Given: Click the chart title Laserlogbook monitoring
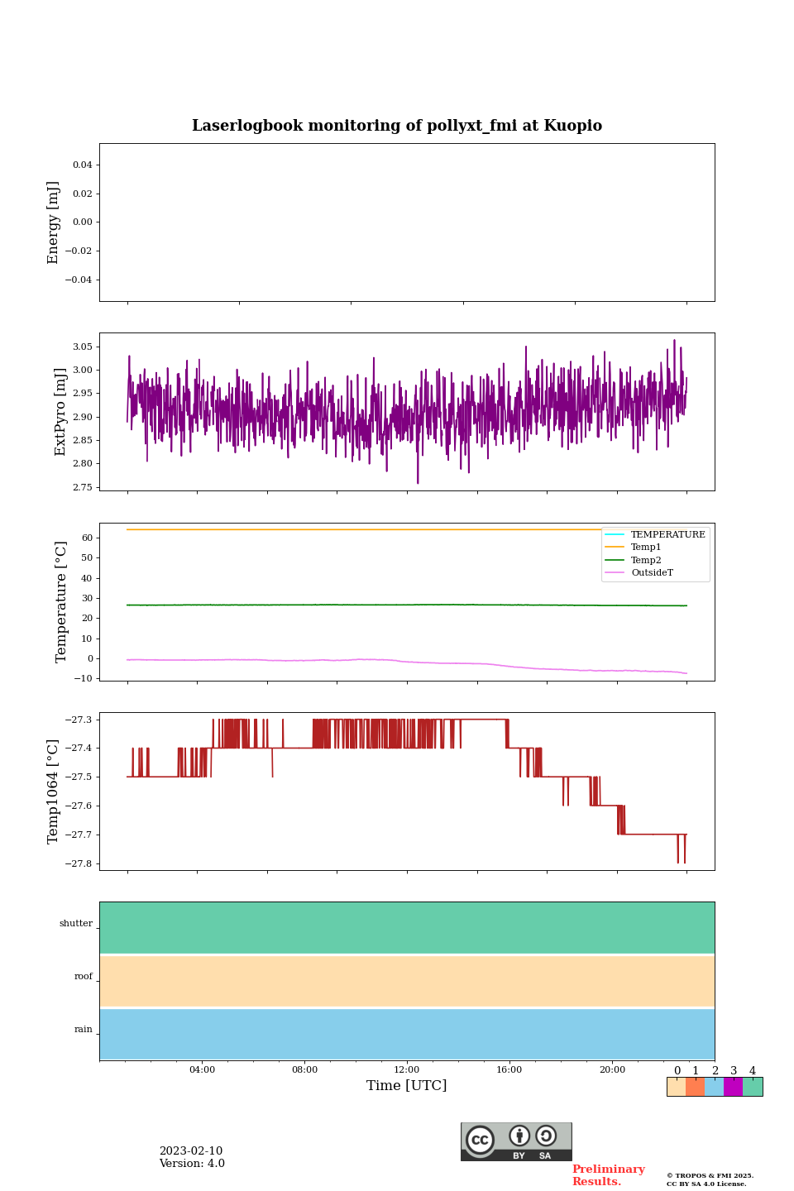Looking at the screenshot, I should pyautogui.click(x=397, y=126).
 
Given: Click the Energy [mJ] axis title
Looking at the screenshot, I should pyautogui.click(x=54, y=222).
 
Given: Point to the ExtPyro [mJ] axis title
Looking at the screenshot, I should pyautogui.click(x=60, y=412).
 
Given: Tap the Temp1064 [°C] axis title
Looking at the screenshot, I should pyautogui.click(x=54, y=792).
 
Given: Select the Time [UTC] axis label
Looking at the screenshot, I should pyautogui.click(x=406, y=1085).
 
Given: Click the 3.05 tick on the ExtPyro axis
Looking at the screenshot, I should pyautogui.click(x=82, y=347).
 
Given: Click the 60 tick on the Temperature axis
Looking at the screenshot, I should pyautogui.click(x=87, y=538).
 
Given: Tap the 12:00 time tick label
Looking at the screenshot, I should pyautogui.click(x=406, y=1069).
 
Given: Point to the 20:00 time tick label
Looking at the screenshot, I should pyautogui.click(x=612, y=1069).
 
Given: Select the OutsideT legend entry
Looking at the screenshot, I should pyautogui.click(x=652, y=572).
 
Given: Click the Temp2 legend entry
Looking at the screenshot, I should pyautogui.click(x=646, y=560).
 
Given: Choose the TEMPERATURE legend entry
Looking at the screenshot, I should pyautogui.click(x=667, y=534).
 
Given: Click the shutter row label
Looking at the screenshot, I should pyautogui.click(x=76, y=924).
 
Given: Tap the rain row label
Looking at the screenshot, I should pyautogui.click(x=84, y=1030).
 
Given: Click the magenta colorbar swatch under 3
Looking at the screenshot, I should pyautogui.click(x=733, y=1087).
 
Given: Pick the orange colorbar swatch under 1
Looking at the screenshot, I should pyautogui.click(x=695, y=1087).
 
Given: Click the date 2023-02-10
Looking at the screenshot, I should pyautogui.click(x=191, y=1151).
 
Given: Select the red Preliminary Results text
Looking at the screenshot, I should pyautogui.click(x=608, y=1175).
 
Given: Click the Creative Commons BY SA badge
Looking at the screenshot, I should pyautogui.click(x=516, y=1141).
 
